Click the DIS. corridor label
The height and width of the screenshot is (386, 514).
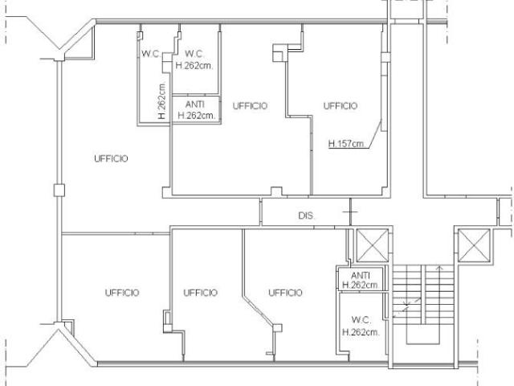[x=307, y=216]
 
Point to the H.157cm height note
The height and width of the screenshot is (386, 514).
[x=346, y=143]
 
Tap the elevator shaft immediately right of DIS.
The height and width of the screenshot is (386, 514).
[x=373, y=245]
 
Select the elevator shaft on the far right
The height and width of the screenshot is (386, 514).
[x=474, y=245]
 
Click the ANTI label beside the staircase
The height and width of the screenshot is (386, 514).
[x=361, y=275]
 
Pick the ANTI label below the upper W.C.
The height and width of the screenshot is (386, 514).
[x=195, y=105]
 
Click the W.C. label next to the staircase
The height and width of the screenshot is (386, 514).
[x=361, y=319]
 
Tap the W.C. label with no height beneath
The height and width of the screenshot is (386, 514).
[x=150, y=54]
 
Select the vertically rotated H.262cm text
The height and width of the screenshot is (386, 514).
[x=161, y=101]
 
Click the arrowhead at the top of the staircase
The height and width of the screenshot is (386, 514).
[x=439, y=268]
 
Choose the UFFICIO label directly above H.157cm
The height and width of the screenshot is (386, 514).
[x=341, y=105]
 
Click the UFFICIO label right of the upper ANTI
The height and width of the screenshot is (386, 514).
[x=250, y=105]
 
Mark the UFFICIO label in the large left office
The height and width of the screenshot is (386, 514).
[x=111, y=158]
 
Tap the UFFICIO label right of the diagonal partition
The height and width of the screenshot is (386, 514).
[x=285, y=293]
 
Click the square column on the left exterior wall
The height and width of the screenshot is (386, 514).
[x=59, y=191]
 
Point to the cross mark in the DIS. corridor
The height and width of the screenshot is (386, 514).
[x=350, y=212]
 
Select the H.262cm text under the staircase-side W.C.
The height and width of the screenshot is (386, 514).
[x=361, y=332]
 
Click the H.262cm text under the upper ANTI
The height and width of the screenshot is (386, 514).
[x=196, y=116]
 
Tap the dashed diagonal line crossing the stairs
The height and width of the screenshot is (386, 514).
[x=407, y=307]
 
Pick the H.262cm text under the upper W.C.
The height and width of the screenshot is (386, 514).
[x=194, y=66]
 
